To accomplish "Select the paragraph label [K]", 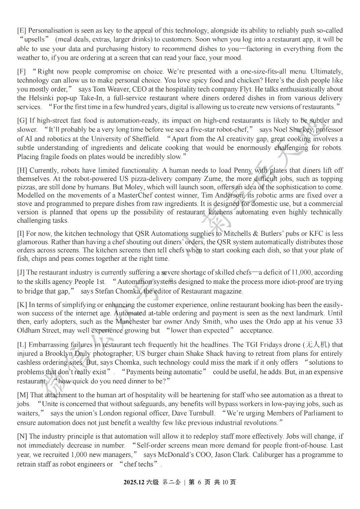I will pos(22,305).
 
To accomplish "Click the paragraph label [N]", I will pos(22,437).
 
